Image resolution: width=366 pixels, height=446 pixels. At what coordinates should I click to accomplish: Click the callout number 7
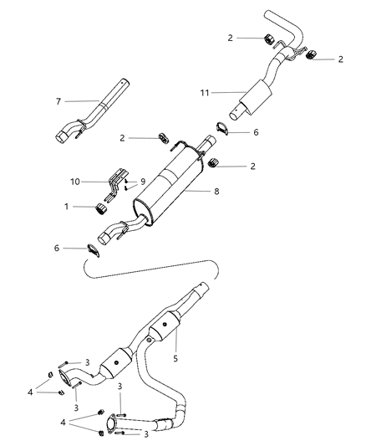pyautogui.click(x=58, y=101)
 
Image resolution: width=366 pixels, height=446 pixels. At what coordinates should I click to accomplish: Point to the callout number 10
pyautogui.click(x=76, y=181)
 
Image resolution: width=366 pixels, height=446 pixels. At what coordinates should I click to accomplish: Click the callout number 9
pyautogui.click(x=141, y=181)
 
